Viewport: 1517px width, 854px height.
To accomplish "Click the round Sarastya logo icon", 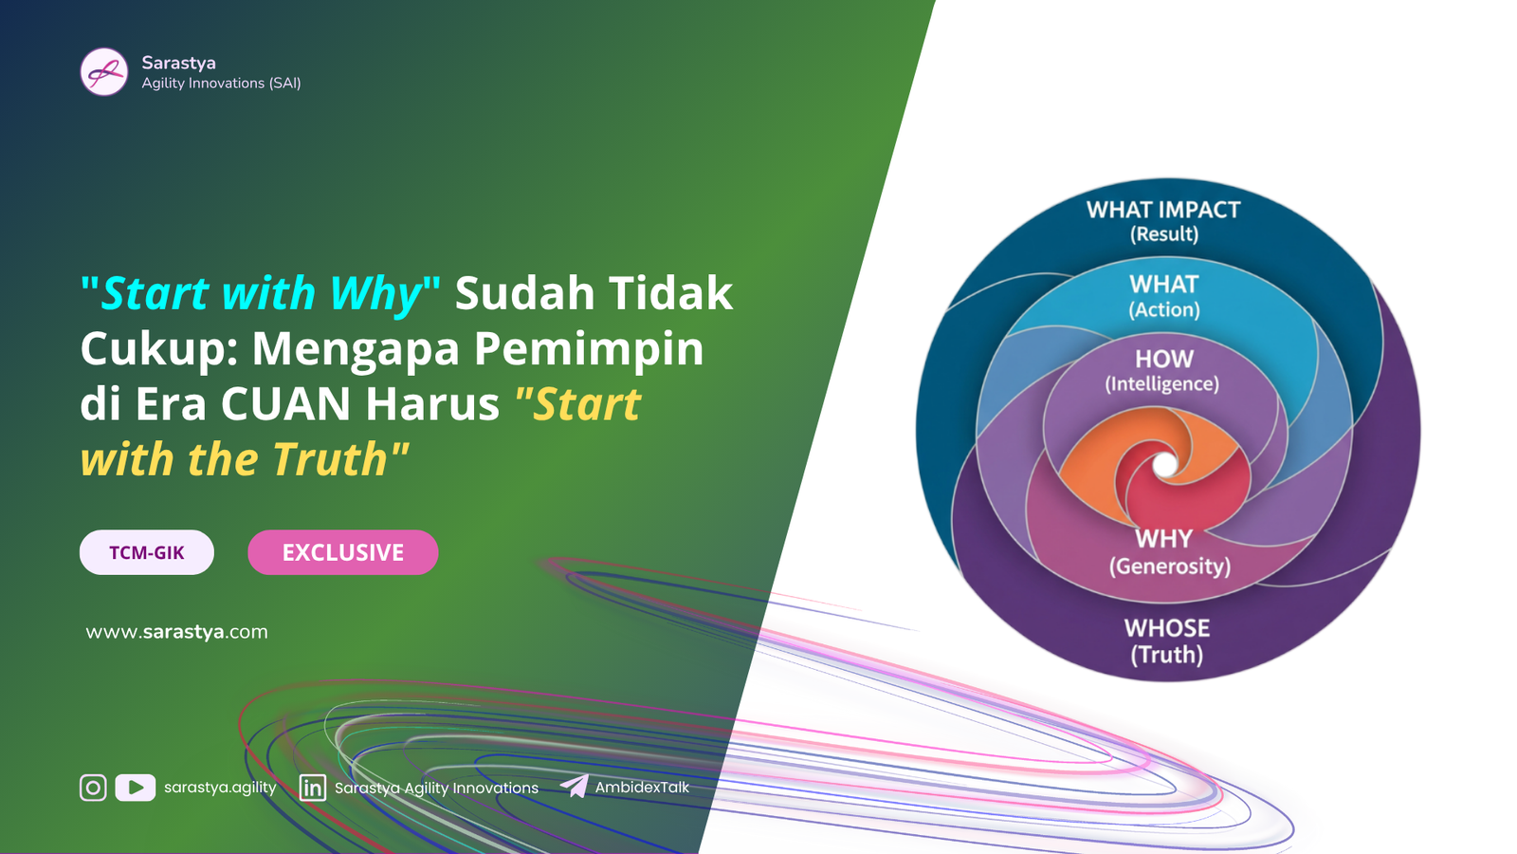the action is pyautogui.click(x=103, y=72).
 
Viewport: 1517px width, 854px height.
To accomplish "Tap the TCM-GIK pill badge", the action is pyautogui.click(x=147, y=552).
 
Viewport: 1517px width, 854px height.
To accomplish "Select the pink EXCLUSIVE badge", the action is pyautogui.click(x=343, y=552).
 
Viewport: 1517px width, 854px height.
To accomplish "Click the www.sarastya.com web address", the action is pyautogui.click(x=176, y=632).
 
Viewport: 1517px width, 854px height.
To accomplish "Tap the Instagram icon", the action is pyautogui.click(x=93, y=788).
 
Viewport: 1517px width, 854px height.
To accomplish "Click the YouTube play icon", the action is pyautogui.click(x=136, y=788).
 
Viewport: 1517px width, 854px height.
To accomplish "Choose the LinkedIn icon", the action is pyautogui.click(x=312, y=788).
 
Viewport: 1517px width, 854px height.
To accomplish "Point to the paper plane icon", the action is pyautogui.click(x=575, y=787).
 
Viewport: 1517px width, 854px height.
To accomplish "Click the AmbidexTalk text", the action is pyautogui.click(x=642, y=787).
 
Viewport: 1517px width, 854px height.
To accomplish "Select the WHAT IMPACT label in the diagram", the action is pyautogui.click(x=1163, y=210).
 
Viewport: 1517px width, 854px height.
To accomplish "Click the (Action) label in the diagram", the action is pyautogui.click(x=1164, y=309).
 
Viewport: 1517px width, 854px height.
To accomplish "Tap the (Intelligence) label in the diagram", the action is pyautogui.click(x=1162, y=384).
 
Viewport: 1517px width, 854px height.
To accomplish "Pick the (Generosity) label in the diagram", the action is pyautogui.click(x=1170, y=566).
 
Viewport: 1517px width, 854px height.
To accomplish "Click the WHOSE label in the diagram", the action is pyautogui.click(x=1167, y=628).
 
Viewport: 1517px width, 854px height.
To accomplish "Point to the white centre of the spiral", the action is pyautogui.click(x=1165, y=465).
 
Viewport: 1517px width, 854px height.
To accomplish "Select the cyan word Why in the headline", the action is pyautogui.click(x=375, y=293).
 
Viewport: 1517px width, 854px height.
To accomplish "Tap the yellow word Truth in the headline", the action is pyautogui.click(x=331, y=459).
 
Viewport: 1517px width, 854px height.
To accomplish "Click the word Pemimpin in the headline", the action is pyautogui.click(x=589, y=350).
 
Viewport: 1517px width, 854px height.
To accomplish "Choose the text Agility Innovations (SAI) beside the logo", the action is pyautogui.click(x=222, y=84).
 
